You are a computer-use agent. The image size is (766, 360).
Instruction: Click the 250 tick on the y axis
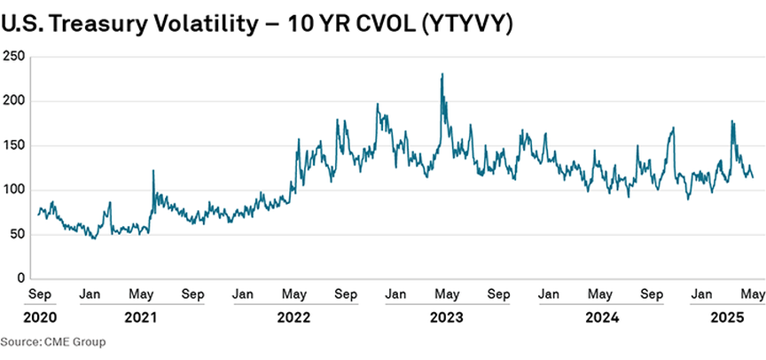click(12, 57)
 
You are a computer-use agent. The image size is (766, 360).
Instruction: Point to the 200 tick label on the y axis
click(12, 101)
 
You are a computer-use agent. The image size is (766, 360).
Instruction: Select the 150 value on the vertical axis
click(12, 145)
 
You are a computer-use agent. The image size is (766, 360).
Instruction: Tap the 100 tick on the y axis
click(12, 190)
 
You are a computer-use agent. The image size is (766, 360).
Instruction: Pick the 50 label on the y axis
click(15, 234)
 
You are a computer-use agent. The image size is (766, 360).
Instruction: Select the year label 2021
click(141, 317)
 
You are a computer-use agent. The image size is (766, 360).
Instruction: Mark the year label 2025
click(729, 317)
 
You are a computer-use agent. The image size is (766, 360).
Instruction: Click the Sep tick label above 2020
click(40, 293)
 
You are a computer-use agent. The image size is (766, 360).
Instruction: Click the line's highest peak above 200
click(442, 74)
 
